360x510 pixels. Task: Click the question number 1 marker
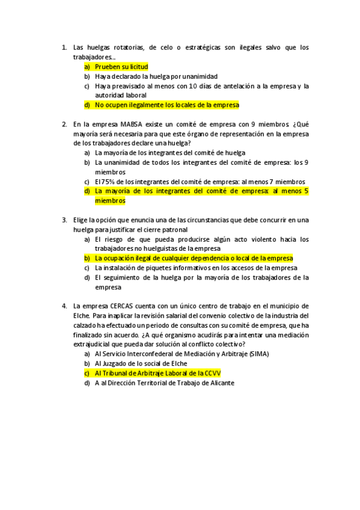tap(64, 47)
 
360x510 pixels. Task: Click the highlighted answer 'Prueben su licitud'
tap(121, 67)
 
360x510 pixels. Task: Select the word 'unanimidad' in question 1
tap(199, 76)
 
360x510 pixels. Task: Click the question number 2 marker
tap(64, 124)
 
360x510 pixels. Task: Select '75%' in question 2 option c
tap(106, 182)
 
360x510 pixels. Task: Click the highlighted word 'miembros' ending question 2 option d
tap(110, 201)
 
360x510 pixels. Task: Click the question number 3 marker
tap(64, 220)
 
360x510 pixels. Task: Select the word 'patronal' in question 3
tap(173, 230)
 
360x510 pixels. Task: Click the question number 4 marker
tap(64, 306)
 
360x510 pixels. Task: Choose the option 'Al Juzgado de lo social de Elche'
tap(142, 363)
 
